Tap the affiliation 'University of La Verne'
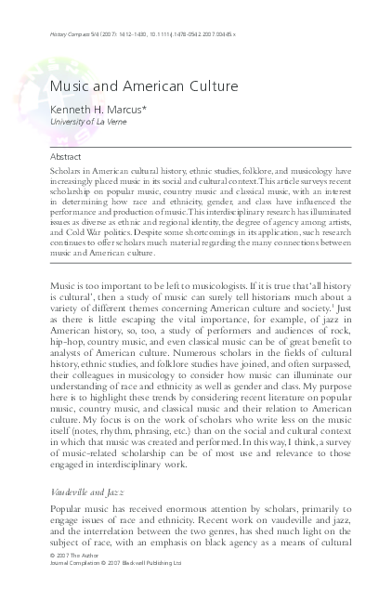pos(84,122)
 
